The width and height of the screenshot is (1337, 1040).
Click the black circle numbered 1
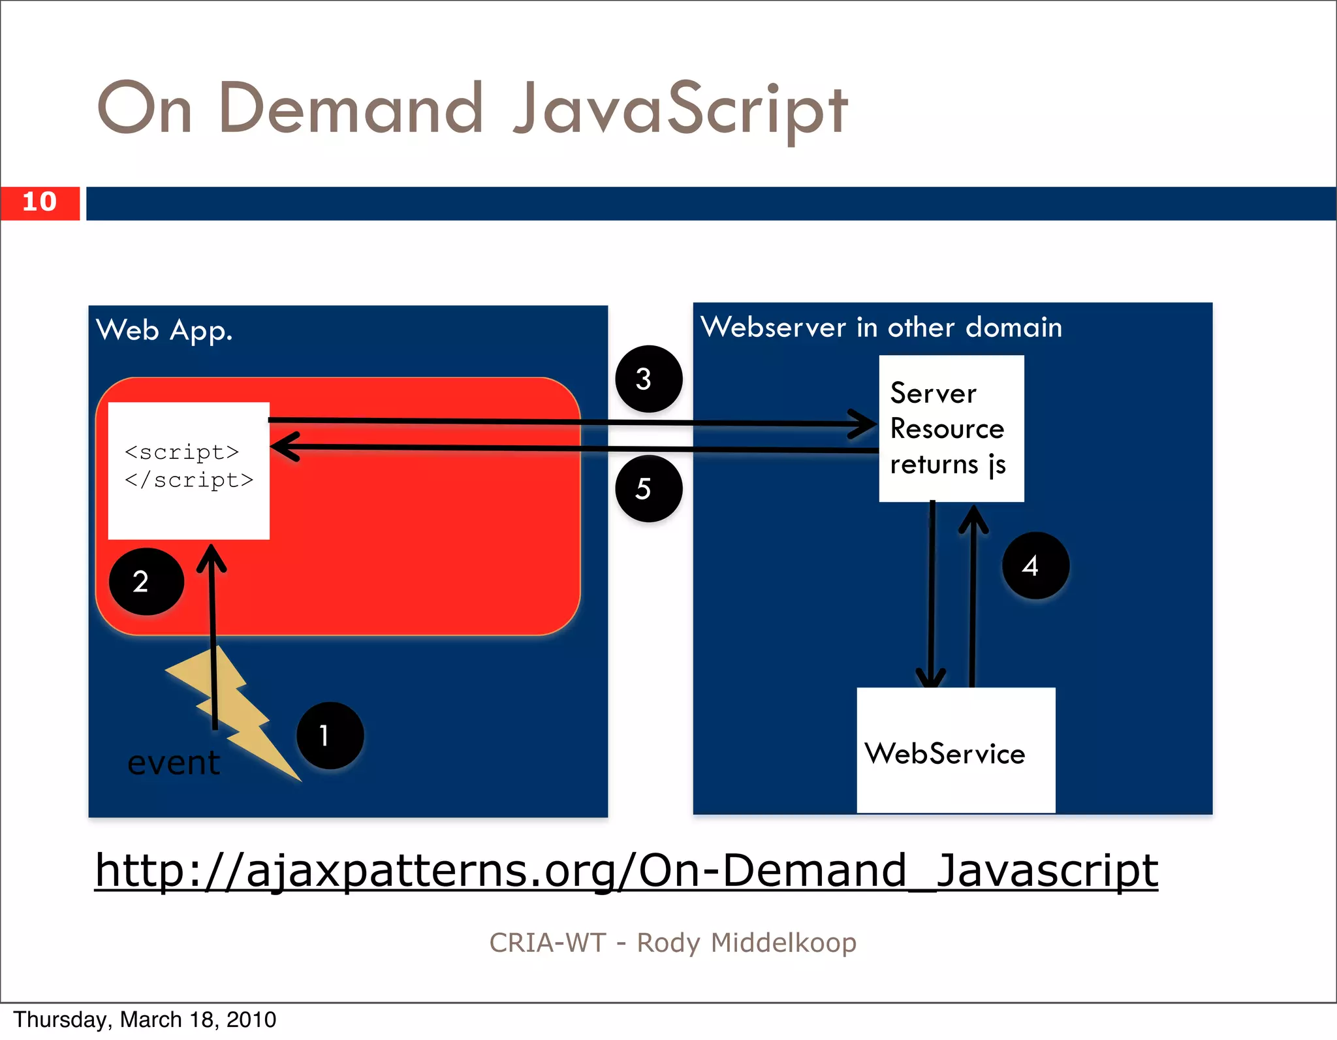point(330,736)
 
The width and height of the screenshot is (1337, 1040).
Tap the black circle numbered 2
point(146,582)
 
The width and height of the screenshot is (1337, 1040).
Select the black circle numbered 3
point(649,379)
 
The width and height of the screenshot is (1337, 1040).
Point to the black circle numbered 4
point(1035,565)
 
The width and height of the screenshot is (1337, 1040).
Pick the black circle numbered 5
point(649,488)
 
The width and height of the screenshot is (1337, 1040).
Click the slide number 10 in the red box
point(40,202)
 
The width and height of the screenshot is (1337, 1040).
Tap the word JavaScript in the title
point(680,110)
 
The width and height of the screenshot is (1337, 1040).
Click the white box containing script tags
point(189,471)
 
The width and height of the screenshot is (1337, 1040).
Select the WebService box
point(956,751)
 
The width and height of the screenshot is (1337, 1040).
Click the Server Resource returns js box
point(951,428)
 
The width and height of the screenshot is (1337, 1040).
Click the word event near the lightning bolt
point(174,763)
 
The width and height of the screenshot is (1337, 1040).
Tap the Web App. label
point(165,330)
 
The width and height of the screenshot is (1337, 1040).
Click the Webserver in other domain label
point(881,327)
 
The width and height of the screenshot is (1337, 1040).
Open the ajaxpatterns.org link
point(627,870)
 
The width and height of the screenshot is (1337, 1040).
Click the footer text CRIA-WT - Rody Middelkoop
point(672,943)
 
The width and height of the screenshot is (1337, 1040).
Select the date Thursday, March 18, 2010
point(145,1019)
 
